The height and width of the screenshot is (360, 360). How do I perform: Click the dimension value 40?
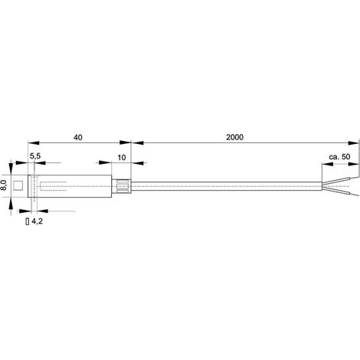[x=78, y=137]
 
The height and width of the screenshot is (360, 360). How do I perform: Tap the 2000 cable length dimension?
[x=234, y=137]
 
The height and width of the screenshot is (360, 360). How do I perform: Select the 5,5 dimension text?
[x=35, y=156]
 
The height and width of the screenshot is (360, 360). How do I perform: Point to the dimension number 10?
[x=122, y=158]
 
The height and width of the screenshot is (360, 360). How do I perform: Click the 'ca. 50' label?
[x=339, y=157]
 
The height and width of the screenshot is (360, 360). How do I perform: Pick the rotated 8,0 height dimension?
[x=4, y=185]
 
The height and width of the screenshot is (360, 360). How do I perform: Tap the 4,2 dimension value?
[x=37, y=221]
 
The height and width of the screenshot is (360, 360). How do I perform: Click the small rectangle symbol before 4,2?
[x=28, y=221]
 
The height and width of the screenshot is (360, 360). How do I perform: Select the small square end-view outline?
[x=18, y=185]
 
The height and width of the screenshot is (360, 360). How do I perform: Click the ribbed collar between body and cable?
[x=122, y=186]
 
